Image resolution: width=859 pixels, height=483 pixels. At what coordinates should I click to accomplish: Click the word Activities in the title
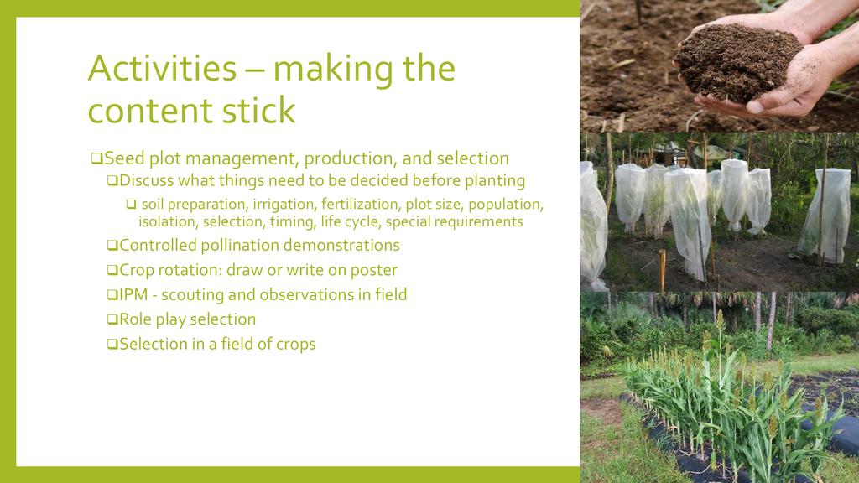click(x=162, y=69)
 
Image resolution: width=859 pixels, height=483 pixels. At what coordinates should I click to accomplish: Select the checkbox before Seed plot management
click(x=96, y=158)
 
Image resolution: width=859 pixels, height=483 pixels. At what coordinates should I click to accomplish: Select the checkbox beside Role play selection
click(x=112, y=319)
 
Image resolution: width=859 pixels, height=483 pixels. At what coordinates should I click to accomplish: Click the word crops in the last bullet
click(x=296, y=345)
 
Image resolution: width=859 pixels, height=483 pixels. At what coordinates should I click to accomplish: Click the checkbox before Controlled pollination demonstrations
click(x=112, y=246)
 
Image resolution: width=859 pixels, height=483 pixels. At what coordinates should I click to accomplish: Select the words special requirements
click(x=454, y=221)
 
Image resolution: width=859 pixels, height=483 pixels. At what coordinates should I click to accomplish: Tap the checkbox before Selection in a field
click(x=112, y=344)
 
